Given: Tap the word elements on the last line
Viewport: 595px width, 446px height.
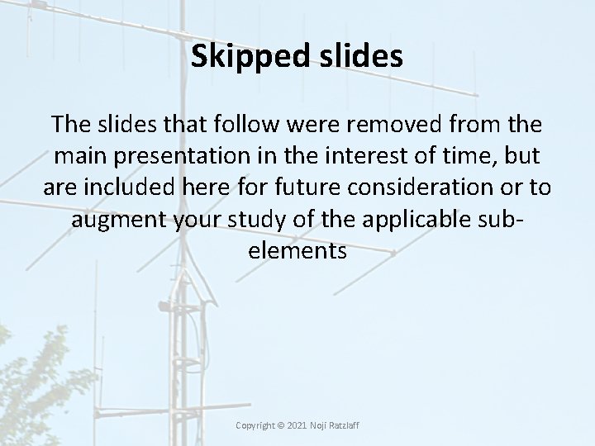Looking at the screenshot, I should coord(297,250).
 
